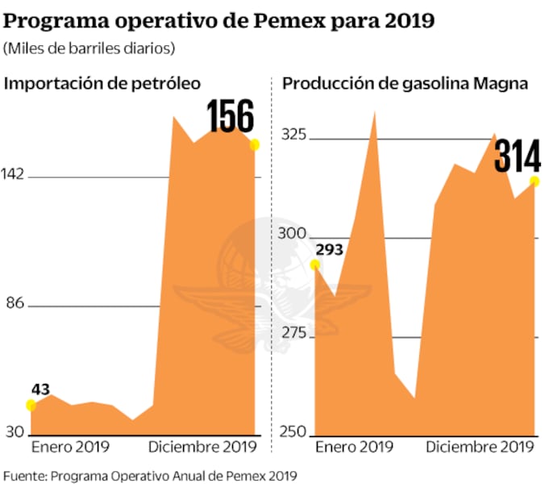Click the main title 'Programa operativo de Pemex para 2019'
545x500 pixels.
(x=219, y=20)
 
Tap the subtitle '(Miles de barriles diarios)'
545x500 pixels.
(x=89, y=48)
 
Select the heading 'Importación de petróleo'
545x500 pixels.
(x=103, y=84)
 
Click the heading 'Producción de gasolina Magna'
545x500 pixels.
(x=405, y=84)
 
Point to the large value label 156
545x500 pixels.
(x=231, y=117)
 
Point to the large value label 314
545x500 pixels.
(x=517, y=156)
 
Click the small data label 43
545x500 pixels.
(x=40, y=388)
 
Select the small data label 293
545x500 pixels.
(x=329, y=249)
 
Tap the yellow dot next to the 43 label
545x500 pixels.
(x=31, y=405)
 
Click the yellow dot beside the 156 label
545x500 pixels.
(x=255, y=144)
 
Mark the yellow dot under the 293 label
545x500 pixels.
(x=315, y=264)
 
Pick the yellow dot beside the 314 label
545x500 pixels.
(x=535, y=181)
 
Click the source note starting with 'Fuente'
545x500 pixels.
(x=150, y=476)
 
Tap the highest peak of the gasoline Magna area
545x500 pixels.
(x=375, y=111)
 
